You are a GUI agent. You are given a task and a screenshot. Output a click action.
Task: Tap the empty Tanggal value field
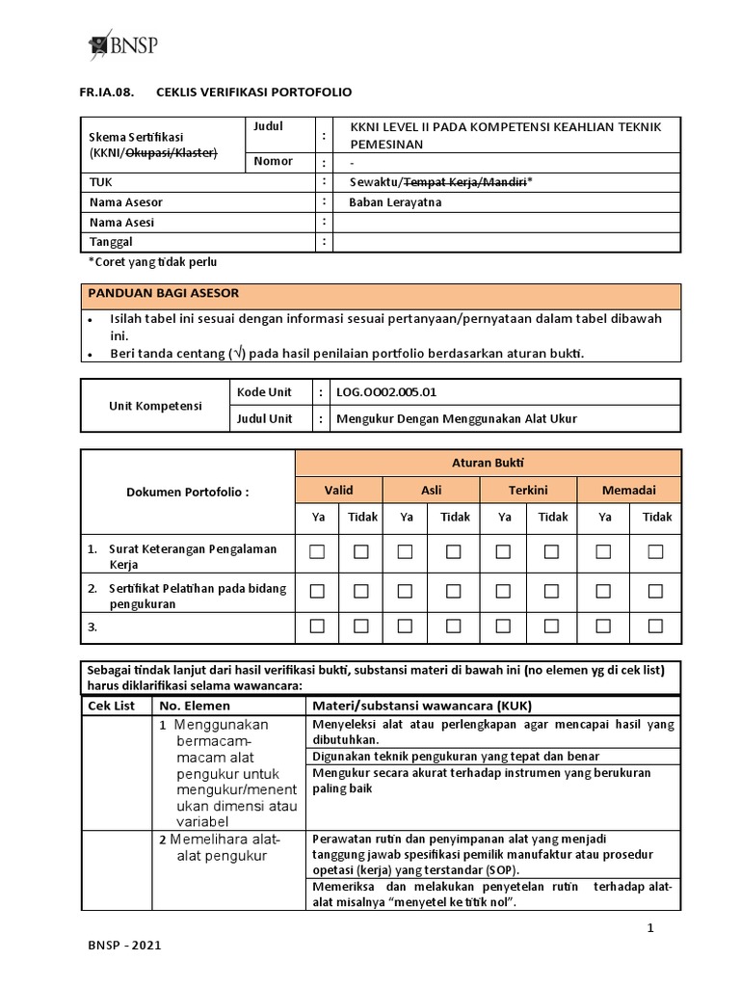(507, 242)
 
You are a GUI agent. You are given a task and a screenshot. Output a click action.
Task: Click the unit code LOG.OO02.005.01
(391, 392)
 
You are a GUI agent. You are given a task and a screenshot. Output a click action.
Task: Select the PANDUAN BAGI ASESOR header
(164, 292)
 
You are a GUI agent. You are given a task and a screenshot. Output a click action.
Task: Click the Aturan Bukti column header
(488, 463)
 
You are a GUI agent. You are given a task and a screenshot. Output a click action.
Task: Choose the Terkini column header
(528, 491)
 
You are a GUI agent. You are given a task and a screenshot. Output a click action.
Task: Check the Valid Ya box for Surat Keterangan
(317, 552)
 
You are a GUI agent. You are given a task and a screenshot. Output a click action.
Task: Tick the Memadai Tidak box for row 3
(656, 627)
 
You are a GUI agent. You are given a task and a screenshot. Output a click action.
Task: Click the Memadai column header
(629, 491)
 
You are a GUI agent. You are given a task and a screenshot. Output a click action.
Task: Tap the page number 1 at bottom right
(651, 928)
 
